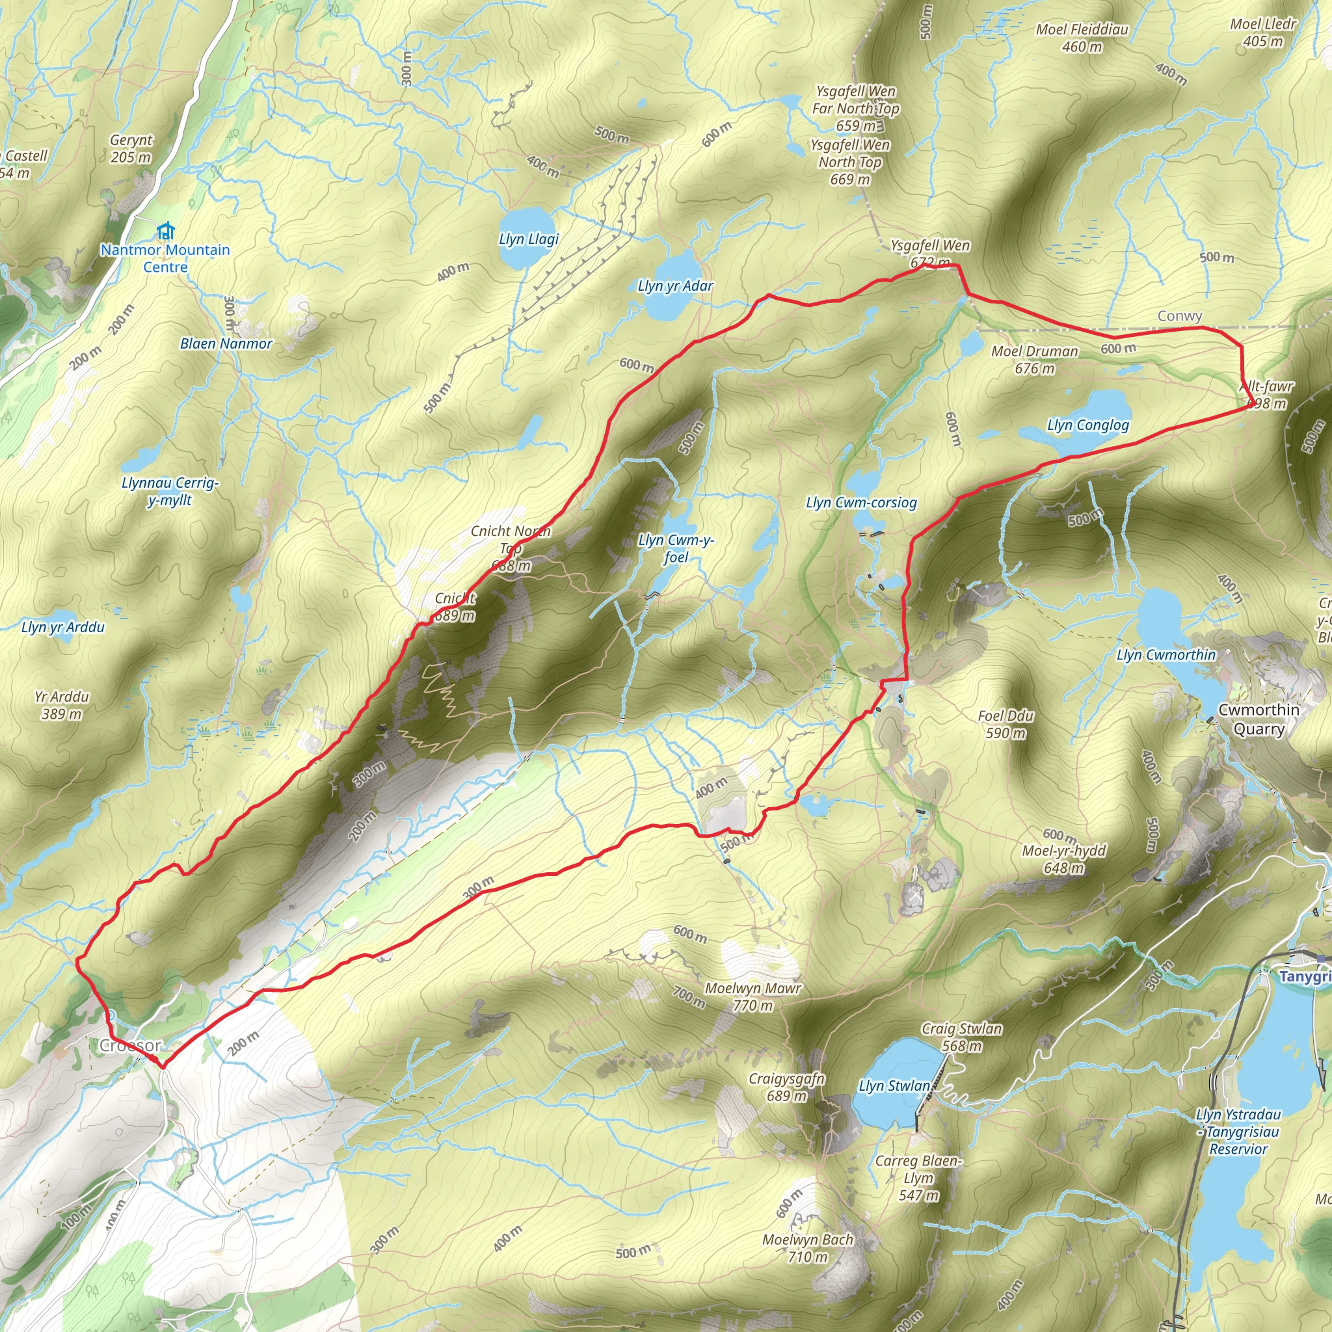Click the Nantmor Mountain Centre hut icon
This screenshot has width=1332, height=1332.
point(165,230)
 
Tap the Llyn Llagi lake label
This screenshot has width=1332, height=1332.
point(529,239)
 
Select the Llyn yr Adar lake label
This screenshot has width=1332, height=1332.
point(675,286)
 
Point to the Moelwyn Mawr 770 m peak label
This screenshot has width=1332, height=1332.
point(753,997)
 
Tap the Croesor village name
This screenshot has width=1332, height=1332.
point(130,1045)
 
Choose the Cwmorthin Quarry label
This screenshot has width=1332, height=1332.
point(1259,719)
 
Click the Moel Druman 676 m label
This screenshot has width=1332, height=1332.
point(1034,359)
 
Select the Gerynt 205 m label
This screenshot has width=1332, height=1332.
point(131,148)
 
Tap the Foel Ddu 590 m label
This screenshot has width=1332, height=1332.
point(1006,724)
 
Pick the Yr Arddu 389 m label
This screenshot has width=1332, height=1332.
point(61,705)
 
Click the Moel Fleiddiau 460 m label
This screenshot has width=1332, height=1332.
point(1082,38)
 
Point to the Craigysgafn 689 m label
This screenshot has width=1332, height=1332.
point(787,1087)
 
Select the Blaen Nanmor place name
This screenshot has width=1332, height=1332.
point(226,343)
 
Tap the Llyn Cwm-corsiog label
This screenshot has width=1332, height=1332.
point(861,503)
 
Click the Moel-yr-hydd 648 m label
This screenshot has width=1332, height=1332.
point(1064,859)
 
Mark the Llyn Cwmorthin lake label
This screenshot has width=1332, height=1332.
point(1166,654)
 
